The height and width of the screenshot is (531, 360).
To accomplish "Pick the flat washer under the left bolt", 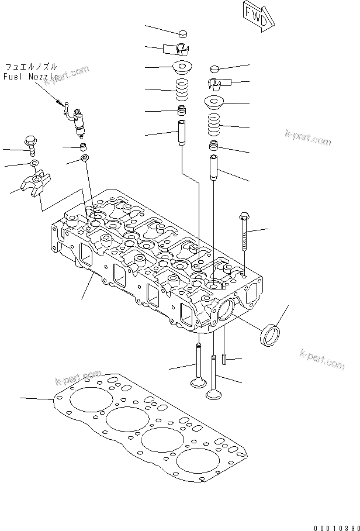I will [x=34, y=162].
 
